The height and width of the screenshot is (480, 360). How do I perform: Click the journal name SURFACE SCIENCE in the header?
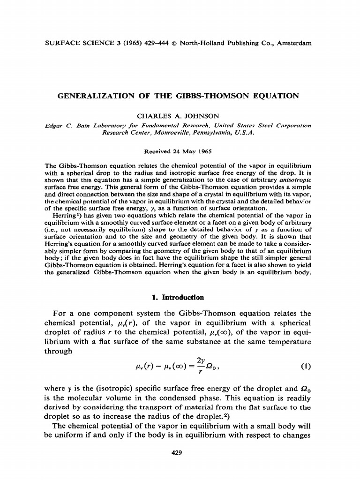[75, 43]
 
